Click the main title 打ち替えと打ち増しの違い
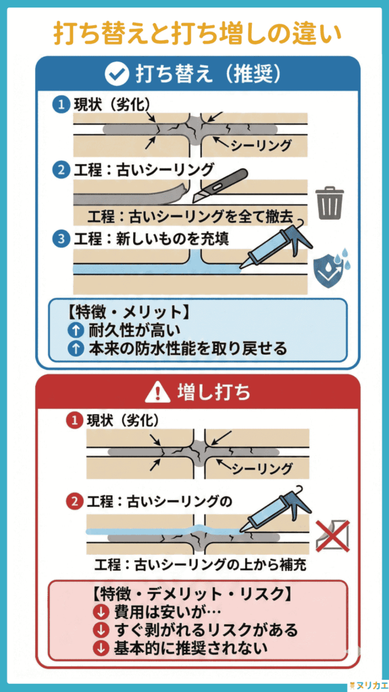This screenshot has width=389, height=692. pos(194,32)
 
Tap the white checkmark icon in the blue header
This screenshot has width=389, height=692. pos(117,74)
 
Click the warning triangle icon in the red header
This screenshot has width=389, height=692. pos(157,391)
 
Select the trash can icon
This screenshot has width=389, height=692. pos(330,203)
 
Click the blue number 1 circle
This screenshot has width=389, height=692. pos(61,104)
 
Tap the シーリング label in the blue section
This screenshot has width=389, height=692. pos(261,145)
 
